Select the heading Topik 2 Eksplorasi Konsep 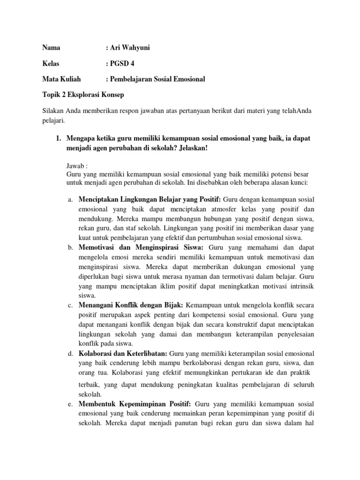(83, 95)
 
